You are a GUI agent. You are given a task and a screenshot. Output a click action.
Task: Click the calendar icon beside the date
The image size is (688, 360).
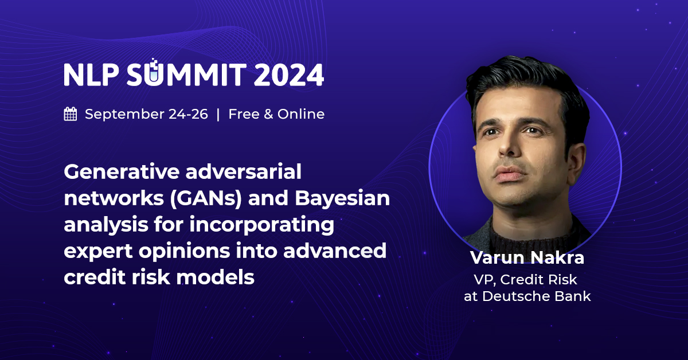(71, 114)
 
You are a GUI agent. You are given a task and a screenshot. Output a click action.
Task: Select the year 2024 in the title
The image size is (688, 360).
(289, 75)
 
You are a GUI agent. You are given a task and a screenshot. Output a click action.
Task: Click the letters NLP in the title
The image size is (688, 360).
(91, 75)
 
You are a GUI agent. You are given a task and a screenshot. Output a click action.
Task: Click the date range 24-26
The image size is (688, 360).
(188, 114)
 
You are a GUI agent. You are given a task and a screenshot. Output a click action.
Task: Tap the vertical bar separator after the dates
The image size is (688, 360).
(218, 114)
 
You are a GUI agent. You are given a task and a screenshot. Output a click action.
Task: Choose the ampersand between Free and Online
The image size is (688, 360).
(268, 114)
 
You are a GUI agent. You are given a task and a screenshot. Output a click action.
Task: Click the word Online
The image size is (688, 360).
(301, 114)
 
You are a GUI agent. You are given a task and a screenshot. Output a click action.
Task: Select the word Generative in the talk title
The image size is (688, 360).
(122, 171)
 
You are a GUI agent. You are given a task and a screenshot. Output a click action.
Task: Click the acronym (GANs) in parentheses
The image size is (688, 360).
(206, 199)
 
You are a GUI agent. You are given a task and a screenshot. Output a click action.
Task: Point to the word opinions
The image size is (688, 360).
(184, 252)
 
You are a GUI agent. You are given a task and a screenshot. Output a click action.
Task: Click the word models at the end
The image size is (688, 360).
(216, 277)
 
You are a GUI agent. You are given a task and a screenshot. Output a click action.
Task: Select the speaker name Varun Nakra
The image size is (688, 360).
(527, 257)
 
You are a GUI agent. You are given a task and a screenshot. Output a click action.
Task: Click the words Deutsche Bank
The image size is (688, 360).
(537, 296)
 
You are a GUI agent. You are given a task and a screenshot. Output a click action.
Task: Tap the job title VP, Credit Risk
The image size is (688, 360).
(526, 280)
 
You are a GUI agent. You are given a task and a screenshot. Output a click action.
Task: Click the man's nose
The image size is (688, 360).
(510, 144)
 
